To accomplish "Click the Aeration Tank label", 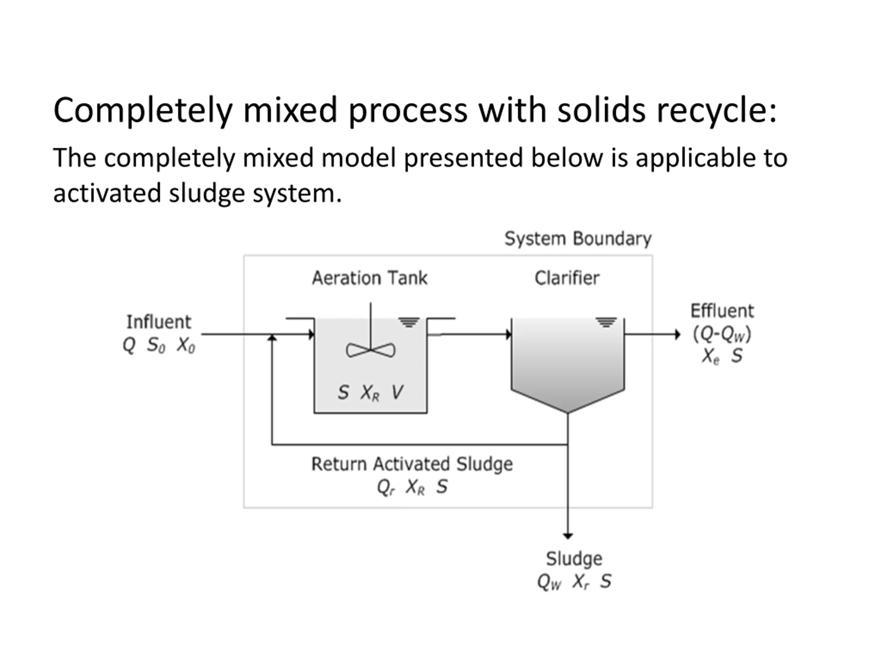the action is point(370,278).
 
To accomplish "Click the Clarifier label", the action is point(567,278).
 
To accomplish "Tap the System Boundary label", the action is point(578,239).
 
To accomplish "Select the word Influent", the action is point(159,322).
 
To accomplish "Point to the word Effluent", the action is point(722,311).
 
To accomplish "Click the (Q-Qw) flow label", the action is point(722,334).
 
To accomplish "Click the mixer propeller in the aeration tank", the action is point(371,350).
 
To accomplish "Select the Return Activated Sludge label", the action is point(412,464).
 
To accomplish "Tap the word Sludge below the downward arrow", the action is point(574,559).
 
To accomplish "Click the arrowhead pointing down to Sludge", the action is point(568,536).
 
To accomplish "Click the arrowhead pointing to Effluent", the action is point(677,334).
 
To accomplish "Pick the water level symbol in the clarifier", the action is point(606,322).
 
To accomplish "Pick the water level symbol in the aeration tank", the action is point(410,322).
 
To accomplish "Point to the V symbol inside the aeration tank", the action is point(397,392).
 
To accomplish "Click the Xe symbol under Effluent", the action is point(711,356).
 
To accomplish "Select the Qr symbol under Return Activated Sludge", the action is point(385,487).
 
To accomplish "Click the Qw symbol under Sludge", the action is point(549,582).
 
